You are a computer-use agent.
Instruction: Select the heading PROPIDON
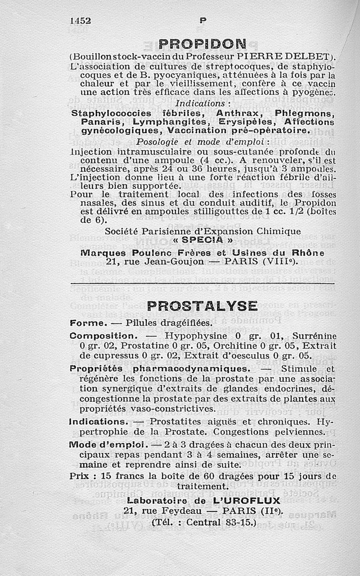(202, 44)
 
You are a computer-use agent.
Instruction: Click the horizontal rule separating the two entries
(202, 283)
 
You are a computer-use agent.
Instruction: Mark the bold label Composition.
(103, 336)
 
